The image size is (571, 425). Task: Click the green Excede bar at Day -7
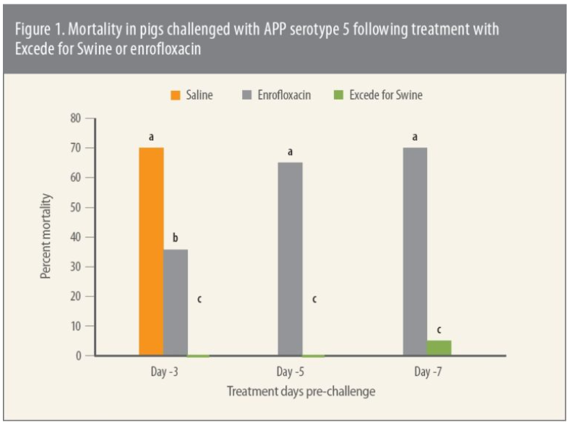tap(439, 348)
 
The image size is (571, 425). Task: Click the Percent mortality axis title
tap(46, 236)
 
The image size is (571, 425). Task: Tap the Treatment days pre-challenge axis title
tap(301, 392)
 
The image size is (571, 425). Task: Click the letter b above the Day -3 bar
tap(175, 237)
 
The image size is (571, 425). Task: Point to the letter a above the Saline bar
tap(151, 136)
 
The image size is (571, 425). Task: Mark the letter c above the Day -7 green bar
tap(439, 329)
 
